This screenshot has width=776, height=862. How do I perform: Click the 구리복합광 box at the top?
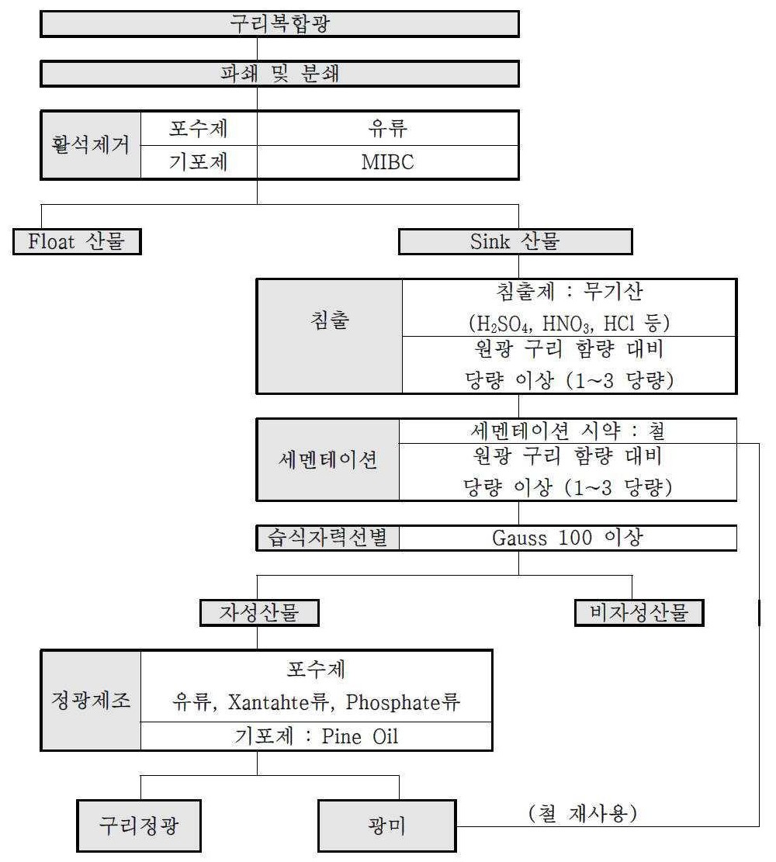point(279,24)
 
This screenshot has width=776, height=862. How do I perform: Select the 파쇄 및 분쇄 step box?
point(279,74)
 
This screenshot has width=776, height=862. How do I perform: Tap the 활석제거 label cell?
point(91,145)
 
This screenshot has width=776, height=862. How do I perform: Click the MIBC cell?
point(388,162)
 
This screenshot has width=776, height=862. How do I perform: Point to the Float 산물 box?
point(77,241)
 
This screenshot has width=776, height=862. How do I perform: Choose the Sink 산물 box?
point(515,241)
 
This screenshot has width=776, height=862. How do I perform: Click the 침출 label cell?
point(330,337)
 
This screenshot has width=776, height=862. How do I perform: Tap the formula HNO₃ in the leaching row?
point(567,324)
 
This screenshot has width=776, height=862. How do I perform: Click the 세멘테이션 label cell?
point(327,459)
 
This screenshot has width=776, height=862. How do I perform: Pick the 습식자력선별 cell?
point(327,538)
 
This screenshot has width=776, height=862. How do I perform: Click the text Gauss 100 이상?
point(567,538)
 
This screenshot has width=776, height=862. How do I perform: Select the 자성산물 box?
point(259,612)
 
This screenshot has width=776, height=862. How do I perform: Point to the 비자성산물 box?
point(639,612)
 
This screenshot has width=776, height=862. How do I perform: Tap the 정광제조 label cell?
point(91,701)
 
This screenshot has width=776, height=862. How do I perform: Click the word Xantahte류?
point(279,702)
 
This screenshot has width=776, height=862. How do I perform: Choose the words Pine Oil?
point(360,736)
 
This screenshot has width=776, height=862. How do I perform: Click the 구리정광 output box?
point(139,826)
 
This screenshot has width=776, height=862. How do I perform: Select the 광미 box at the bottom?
point(387,826)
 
